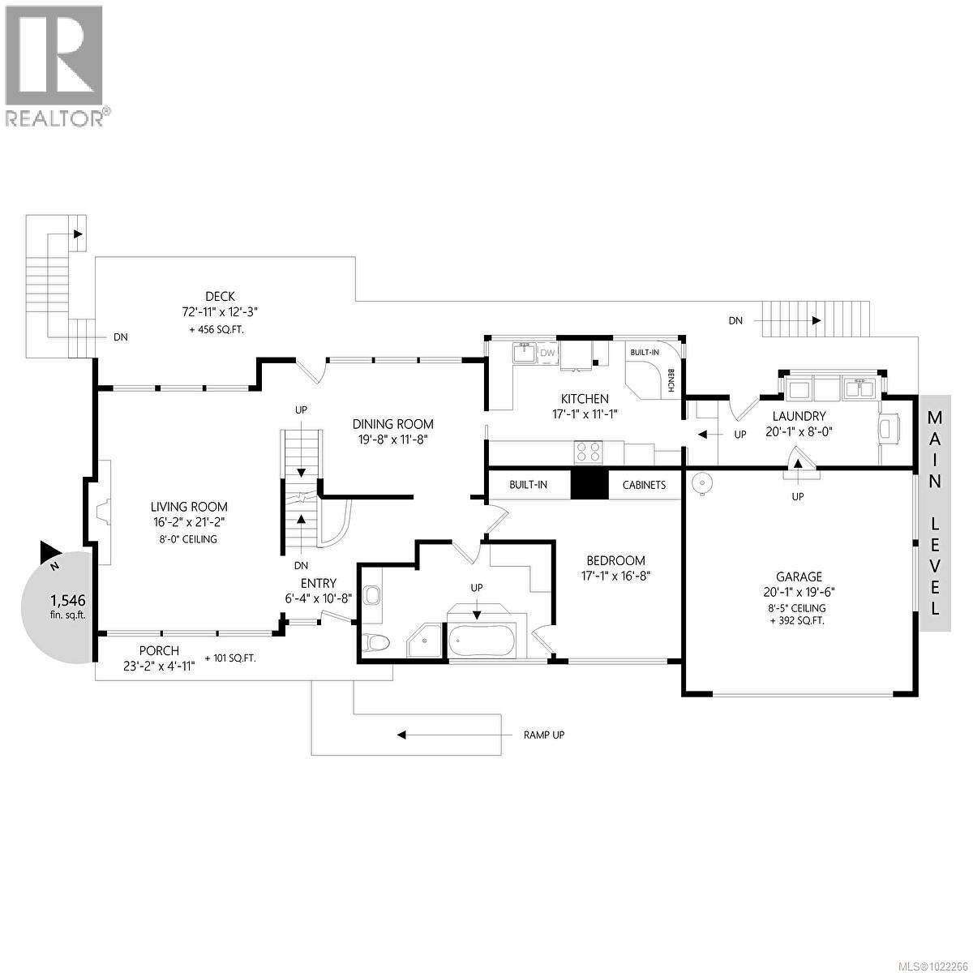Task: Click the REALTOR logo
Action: pos(55,65)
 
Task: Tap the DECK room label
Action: pos(220,297)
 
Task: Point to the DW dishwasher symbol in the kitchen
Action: pos(548,353)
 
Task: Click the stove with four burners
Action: pos(589,452)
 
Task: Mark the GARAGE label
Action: pos(799,577)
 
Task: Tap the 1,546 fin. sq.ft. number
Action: pos(67,601)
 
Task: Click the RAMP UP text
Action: pos(543,735)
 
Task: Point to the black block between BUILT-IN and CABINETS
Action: pos(589,485)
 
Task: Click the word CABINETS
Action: pos(644,485)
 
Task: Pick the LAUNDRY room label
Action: pos(799,417)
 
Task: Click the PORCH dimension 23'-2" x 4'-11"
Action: pos(160,665)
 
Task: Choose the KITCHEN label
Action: pos(585,399)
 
